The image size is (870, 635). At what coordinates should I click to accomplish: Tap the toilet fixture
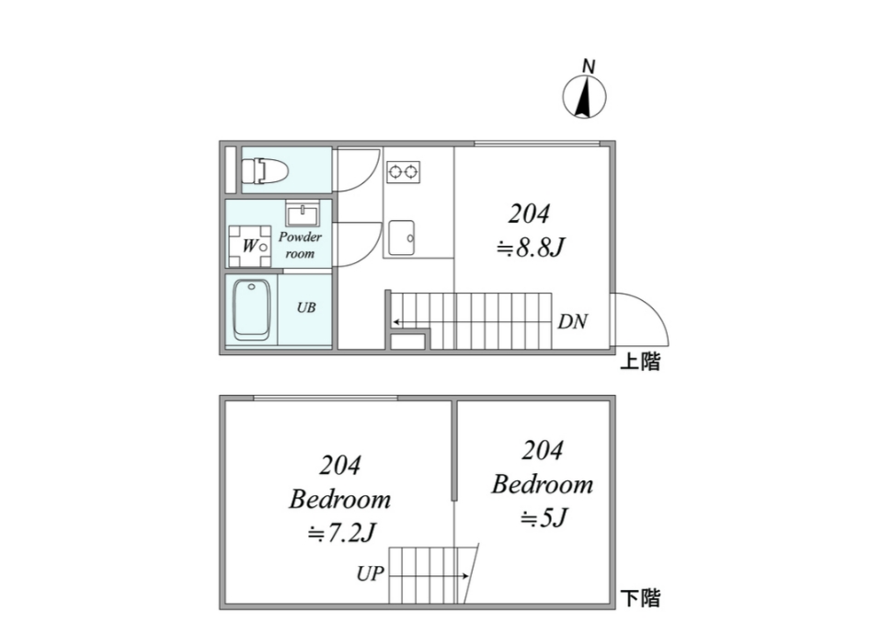265,170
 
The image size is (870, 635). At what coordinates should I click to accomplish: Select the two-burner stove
404,172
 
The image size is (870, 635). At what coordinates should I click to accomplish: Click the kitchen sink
401,237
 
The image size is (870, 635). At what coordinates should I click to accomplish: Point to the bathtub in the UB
251,308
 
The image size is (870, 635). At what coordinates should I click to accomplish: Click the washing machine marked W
249,246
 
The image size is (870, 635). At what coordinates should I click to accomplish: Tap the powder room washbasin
303,214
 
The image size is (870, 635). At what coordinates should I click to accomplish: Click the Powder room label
300,245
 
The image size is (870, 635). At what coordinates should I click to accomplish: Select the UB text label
306,307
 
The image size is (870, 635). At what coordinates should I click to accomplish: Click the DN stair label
573,321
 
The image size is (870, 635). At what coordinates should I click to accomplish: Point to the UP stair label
370,572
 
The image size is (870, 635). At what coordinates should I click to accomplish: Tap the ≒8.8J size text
531,248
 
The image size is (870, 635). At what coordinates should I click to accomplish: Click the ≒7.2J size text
342,533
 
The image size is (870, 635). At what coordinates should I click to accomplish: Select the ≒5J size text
544,518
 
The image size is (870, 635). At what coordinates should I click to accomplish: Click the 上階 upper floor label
640,362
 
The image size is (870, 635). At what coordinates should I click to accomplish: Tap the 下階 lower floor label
640,598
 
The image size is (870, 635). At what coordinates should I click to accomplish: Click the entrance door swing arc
653,310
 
